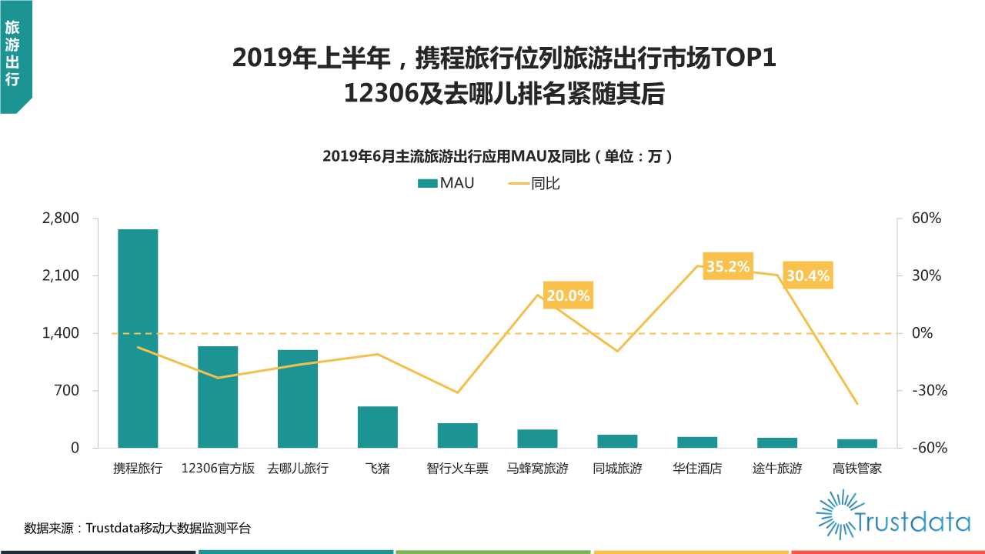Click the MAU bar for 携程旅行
138,339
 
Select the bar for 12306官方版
218,397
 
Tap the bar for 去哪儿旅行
298,399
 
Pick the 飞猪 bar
378,427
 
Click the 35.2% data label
728,267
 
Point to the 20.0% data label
568,295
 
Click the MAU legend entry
446,183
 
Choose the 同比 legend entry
534,183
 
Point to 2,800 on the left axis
61,219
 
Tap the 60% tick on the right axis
927,219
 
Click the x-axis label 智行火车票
457,468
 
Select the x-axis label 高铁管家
857,468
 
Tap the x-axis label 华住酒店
697,468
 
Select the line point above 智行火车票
458,392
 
